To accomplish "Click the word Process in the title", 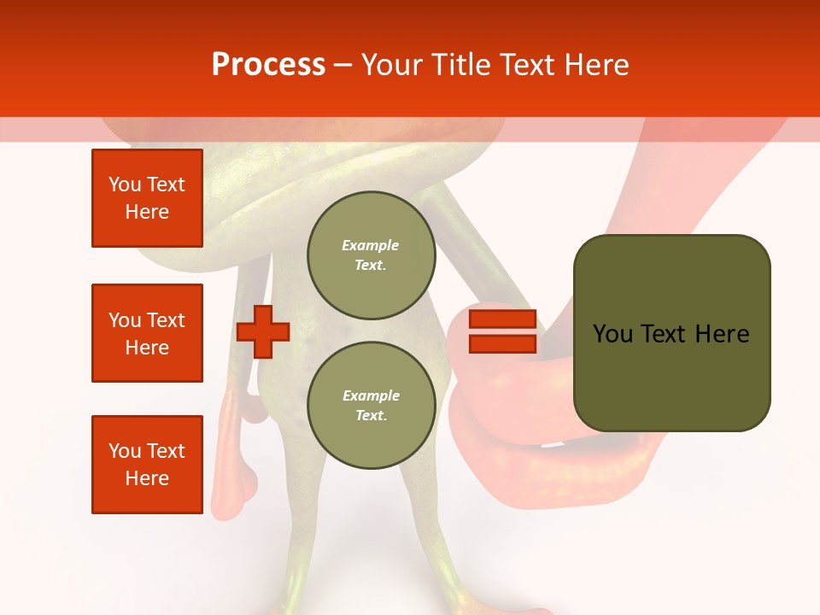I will [268, 65].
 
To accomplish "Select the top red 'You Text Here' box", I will [147, 198].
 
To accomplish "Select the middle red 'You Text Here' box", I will [147, 333].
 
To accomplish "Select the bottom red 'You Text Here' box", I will [147, 465].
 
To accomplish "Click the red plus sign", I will [263, 331].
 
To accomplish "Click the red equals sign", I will [502, 331].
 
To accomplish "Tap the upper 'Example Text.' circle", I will [371, 255].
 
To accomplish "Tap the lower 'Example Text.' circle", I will [371, 406].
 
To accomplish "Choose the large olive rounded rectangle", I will [671, 333].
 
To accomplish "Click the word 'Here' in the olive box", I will [723, 334].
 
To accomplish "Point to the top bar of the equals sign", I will [502, 319].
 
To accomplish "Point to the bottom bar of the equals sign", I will [502, 344].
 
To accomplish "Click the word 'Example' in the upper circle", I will [371, 246].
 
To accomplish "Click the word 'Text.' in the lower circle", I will [371, 416].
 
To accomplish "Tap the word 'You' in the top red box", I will [125, 184].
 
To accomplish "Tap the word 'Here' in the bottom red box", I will [147, 478].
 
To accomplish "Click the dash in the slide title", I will [343, 65].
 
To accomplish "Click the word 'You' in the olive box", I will [612, 334].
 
